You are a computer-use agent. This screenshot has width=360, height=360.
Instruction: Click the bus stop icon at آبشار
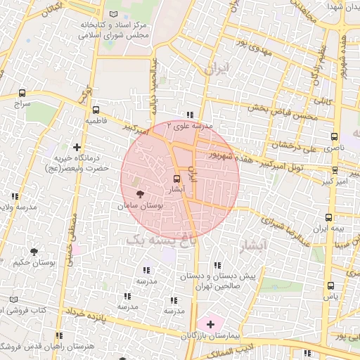(x=177, y=179)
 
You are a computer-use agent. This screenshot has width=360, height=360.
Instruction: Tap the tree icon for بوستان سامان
(x=139, y=195)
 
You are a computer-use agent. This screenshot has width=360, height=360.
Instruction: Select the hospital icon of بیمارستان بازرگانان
(x=210, y=323)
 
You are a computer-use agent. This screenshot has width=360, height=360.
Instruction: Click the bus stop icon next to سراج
(x=22, y=93)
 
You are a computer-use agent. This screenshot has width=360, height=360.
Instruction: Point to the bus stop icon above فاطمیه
(x=96, y=110)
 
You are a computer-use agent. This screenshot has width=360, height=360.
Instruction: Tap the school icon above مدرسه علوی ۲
(x=189, y=115)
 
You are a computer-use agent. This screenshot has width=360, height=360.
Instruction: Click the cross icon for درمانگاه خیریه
(x=86, y=147)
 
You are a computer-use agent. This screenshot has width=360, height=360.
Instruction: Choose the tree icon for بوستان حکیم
(x=34, y=251)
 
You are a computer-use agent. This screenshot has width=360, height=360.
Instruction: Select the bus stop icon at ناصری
(x=333, y=137)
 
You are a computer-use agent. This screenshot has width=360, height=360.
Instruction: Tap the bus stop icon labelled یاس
(x=330, y=285)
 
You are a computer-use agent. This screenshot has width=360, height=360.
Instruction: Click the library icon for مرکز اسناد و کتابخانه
(x=115, y=14)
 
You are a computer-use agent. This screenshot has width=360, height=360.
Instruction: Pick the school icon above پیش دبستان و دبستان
(x=217, y=265)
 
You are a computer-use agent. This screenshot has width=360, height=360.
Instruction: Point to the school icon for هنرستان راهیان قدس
(x=59, y=335)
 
